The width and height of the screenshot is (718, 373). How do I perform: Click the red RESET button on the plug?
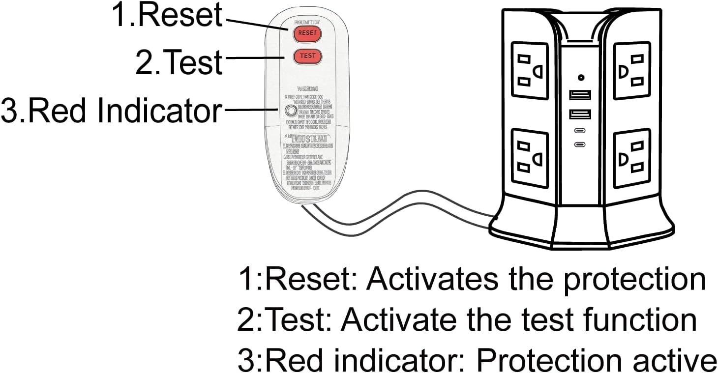[307, 33]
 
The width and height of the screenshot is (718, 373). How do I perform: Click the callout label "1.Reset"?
[168, 15]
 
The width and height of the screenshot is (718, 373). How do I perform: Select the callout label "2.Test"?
[179, 63]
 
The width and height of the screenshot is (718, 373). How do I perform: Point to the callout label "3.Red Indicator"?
[112, 111]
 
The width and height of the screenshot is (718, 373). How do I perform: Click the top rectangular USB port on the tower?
[580, 95]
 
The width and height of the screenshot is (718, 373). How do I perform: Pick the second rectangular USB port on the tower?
[580, 114]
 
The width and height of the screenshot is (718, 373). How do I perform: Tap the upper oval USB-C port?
[580, 132]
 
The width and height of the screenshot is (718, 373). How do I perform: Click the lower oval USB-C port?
[580, 145]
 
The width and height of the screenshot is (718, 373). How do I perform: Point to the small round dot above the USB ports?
[581, 77]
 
